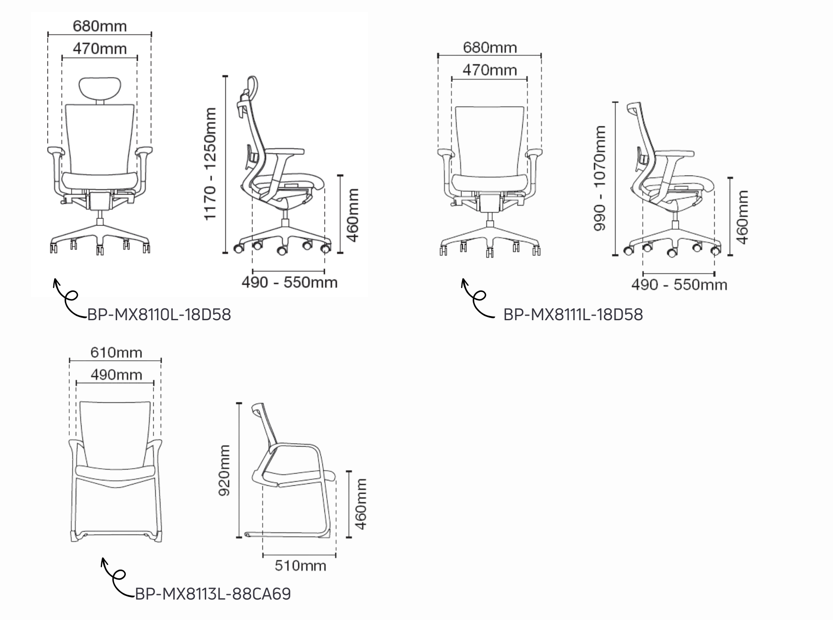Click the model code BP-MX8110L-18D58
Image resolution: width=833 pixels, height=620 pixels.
tap(159, 314)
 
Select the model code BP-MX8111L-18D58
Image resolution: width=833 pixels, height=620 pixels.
tap(573, 314)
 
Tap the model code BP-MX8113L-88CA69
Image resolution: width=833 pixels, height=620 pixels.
tap(213, 593)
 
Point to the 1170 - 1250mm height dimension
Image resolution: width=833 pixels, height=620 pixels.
tap(210, 163)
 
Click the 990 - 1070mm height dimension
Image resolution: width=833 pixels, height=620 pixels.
tap(600, 178)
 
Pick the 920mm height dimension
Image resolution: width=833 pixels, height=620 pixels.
tap(224, 470)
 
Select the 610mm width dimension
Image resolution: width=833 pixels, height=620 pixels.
tap(116, 353)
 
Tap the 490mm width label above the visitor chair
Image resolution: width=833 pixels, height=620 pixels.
tap(116, 375)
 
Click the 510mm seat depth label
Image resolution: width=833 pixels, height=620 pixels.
tap(300, 566)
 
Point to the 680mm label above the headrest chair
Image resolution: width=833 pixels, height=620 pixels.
tap(100, 26)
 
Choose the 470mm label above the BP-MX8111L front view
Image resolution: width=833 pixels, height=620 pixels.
tap(490, 70)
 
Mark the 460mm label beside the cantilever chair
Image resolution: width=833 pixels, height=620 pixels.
tap(361, 504)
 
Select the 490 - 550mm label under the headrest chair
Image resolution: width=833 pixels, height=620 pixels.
tap(289, 282)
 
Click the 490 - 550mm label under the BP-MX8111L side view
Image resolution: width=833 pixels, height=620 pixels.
tap(679, 285)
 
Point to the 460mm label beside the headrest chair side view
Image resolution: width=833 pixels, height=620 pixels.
tap(353, 215)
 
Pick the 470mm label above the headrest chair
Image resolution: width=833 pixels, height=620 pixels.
tap(100, 49)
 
